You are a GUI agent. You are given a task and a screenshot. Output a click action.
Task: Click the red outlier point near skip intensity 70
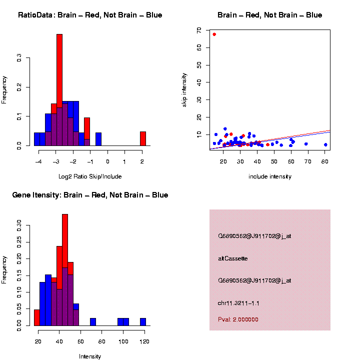(214, 34)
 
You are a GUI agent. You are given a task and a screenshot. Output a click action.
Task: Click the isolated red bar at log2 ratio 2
(143, 138)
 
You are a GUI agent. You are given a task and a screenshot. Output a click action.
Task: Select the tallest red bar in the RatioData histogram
(59, 90)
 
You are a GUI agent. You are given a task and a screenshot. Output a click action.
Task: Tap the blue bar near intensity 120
(143, 322)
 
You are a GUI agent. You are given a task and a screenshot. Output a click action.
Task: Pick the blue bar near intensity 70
(93, 322)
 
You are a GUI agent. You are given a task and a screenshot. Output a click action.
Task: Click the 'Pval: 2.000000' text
(238, 319)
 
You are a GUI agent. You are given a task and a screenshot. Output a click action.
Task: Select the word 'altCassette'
(233, 258)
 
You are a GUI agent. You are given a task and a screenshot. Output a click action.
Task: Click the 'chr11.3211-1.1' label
(238, 303)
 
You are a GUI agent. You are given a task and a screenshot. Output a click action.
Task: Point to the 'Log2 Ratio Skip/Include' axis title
(90, 176)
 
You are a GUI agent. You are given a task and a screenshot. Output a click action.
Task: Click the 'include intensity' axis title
(270, 176)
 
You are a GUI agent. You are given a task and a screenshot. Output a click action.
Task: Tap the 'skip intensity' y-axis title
(184, 90)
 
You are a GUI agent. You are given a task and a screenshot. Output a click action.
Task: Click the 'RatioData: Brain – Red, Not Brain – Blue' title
(90, 15)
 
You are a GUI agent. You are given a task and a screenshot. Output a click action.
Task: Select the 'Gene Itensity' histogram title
(90, 195)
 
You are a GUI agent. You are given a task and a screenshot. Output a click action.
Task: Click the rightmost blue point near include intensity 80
(325, 144)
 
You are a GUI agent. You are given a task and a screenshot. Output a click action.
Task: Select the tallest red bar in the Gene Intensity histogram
(65, 270)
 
